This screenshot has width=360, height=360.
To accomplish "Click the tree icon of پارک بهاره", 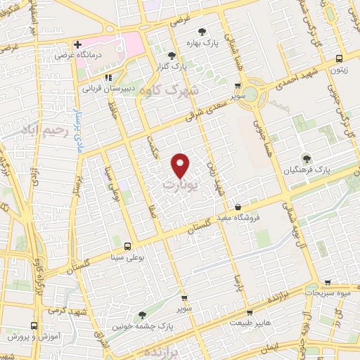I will [x=202, y=32].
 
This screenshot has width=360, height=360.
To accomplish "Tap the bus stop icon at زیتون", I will [x=340, y=59].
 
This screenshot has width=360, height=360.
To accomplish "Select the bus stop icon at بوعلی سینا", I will [x=127, y=246].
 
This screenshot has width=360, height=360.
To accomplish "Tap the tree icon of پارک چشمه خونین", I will [x=142, y=315].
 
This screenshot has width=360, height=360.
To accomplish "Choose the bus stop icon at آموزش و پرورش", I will [x=34, y=326].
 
